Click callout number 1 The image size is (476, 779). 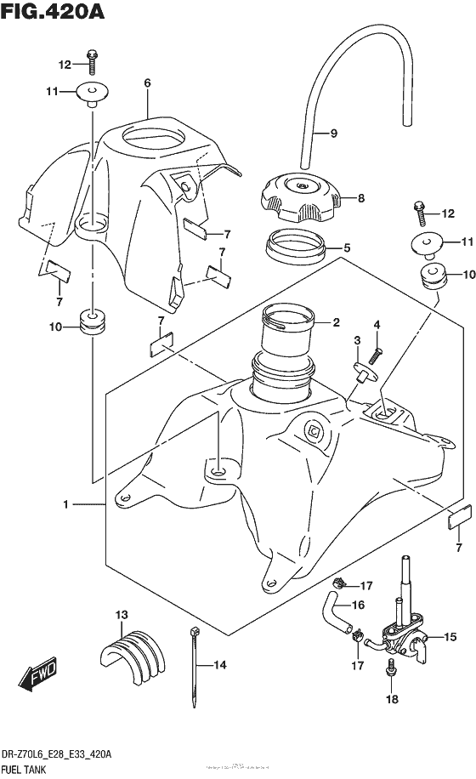tap(65, 505)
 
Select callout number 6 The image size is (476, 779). tap(147, 83)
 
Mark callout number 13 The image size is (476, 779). tap(121, 614)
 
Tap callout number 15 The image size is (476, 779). tap(450, 636)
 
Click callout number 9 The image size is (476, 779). tap(334, 133)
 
